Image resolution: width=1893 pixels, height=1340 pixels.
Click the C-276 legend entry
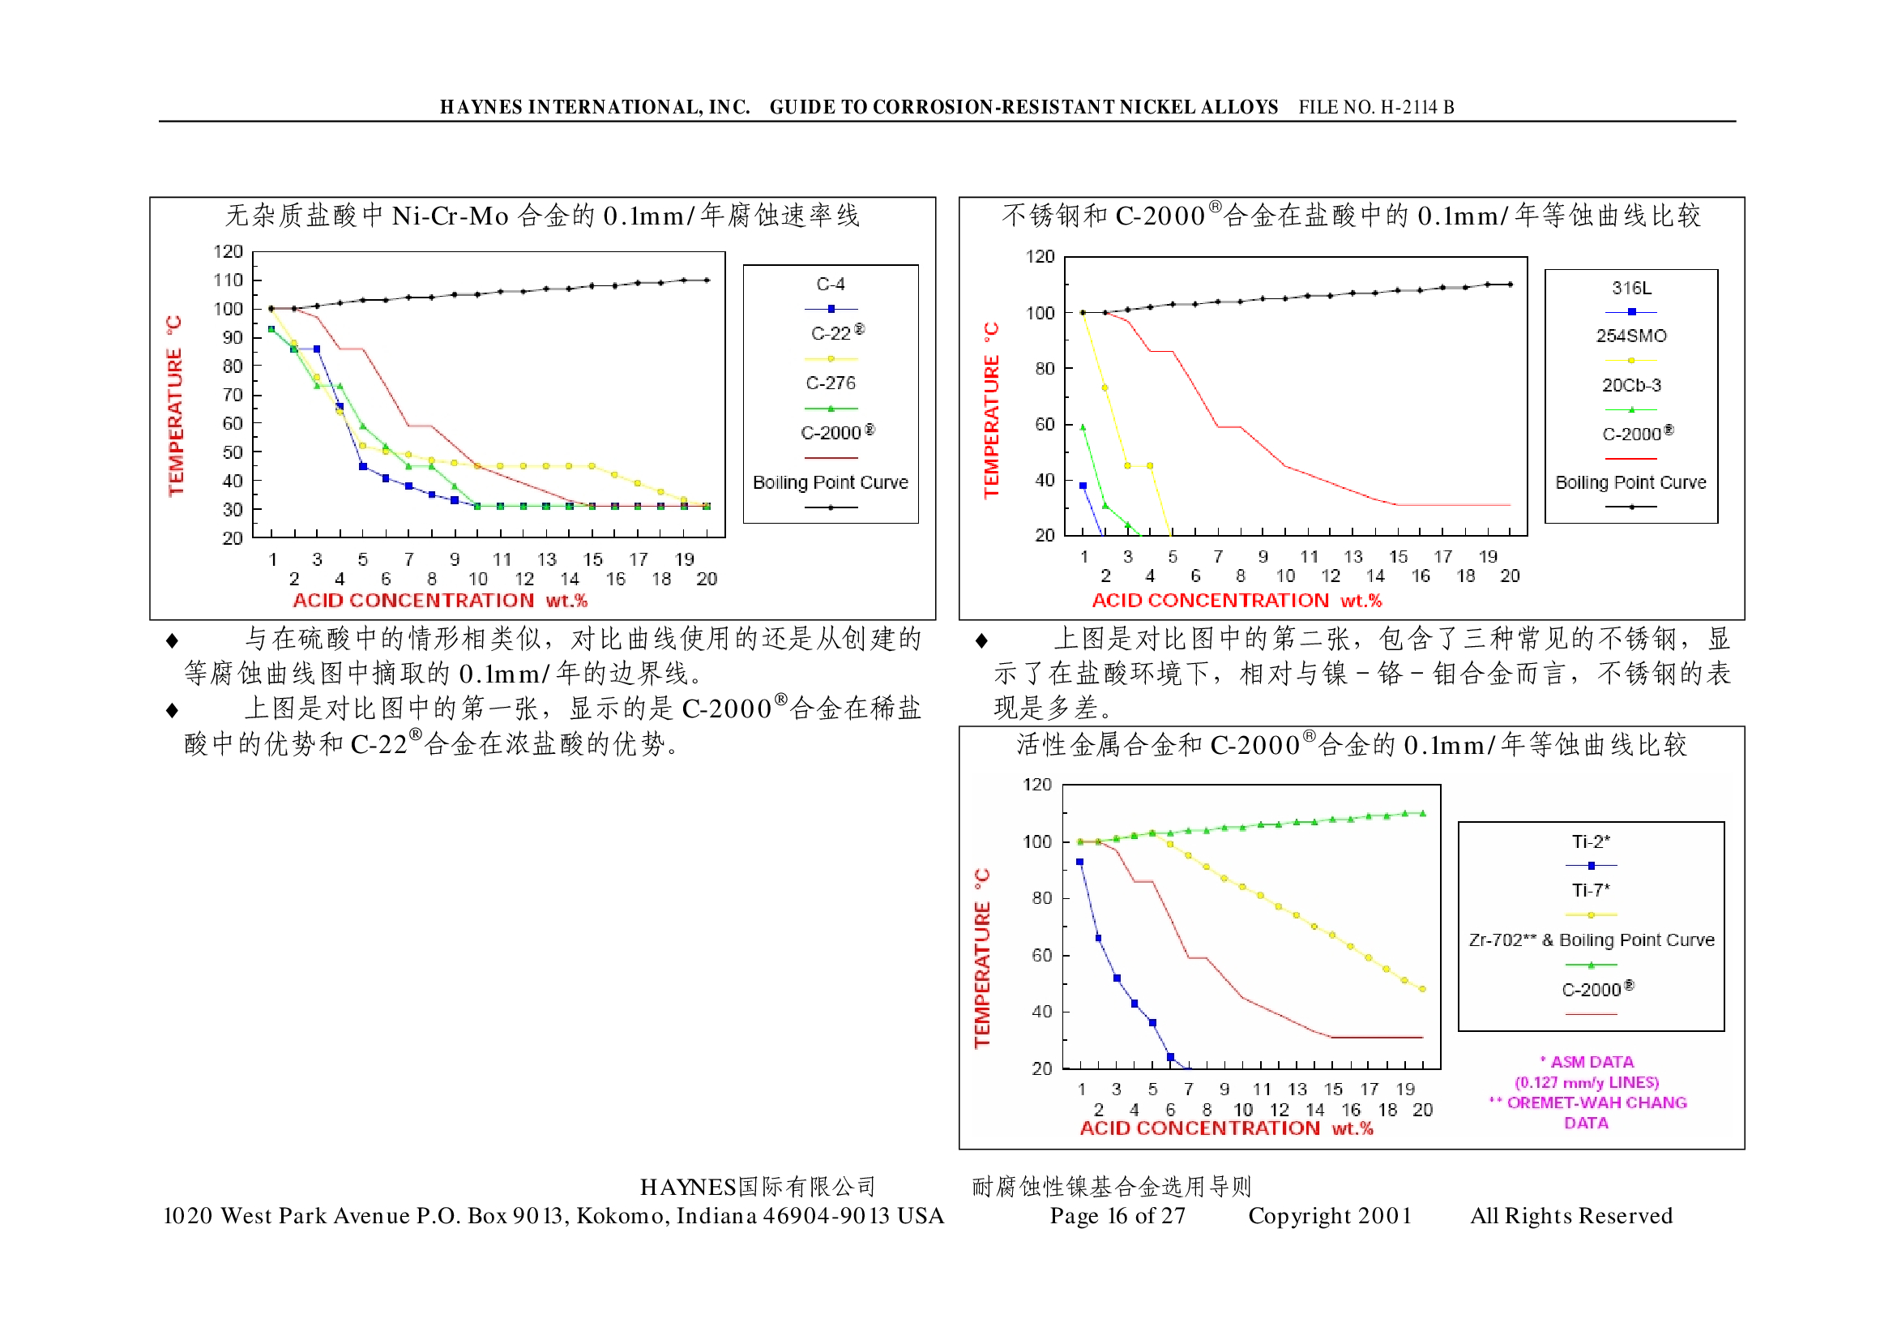830,383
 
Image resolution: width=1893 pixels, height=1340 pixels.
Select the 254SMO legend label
1630,336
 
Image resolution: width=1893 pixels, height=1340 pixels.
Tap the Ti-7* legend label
1589,890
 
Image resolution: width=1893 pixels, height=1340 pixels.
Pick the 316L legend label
1630,288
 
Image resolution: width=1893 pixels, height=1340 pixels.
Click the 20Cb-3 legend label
1630,385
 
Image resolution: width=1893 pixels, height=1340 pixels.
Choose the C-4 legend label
830,285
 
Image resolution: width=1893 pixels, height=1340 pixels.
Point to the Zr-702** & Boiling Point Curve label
1590,940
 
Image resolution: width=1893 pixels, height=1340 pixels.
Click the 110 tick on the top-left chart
229,280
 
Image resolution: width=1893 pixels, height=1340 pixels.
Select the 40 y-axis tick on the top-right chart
1045,480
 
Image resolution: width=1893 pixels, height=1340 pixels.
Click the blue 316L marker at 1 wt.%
1083,486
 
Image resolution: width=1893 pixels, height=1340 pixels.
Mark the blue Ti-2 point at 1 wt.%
1079,863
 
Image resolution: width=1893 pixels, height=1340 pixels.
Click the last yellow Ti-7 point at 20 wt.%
1422,988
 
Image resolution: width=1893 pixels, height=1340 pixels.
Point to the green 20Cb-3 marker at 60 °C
1083,427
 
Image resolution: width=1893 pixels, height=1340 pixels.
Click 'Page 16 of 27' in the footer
1117,1215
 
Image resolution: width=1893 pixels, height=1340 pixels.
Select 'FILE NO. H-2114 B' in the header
1375,107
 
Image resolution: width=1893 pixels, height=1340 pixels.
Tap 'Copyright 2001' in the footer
1329,1215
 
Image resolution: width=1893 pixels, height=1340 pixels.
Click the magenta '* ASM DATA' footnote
1586,1062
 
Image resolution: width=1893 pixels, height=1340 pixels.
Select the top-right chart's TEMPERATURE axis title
990,410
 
